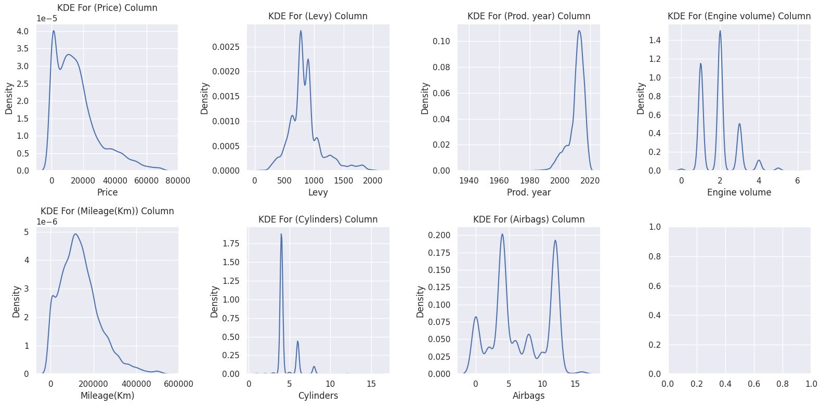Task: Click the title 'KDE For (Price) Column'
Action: (x=107, y=8)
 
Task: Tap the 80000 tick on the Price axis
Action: (x=177, y=181)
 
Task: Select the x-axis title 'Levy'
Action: (x=318, y=192)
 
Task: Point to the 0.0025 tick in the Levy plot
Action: (x=226, y=47)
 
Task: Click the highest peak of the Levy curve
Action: (x=301, y=31)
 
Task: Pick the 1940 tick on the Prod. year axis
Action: (x=469, y=181)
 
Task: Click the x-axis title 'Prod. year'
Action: (x=528, y=192)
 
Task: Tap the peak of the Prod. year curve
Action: (x=579, y=30)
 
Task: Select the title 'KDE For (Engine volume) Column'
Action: (x=739, y=16)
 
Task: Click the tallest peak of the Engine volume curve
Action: (x=720, y=31)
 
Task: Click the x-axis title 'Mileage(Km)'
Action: (x=107, y=396)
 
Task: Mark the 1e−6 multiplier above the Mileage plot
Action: (x=47, y=222)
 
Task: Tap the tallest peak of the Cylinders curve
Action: (x=281, y=234)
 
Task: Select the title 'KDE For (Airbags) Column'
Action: (x=528, y=219)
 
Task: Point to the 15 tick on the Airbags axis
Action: (x=575, y=384)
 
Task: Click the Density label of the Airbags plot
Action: (x=421, y=302)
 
